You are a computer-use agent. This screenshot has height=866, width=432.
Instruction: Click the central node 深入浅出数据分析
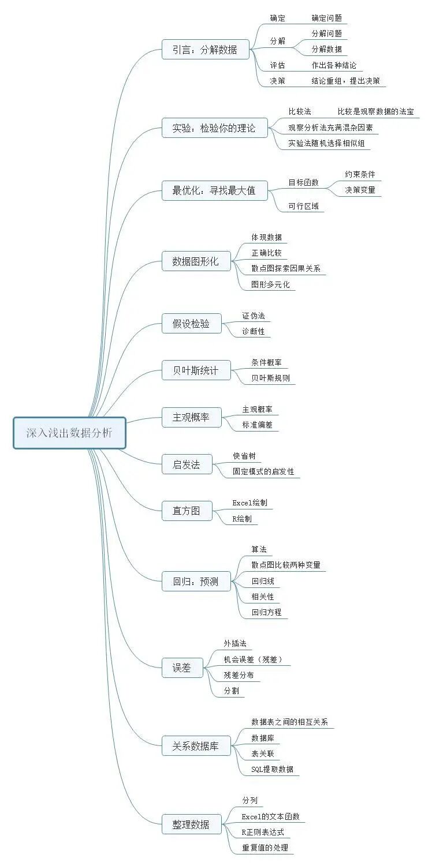tap(69, 433)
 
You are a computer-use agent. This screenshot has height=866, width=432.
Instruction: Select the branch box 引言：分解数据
tap(205, 50)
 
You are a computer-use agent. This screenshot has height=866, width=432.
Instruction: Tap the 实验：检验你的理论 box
tap(214, 128)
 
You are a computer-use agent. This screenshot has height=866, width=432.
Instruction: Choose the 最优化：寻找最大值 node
tap(214, 190)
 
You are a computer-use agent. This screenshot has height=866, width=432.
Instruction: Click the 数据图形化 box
tap(196, 261)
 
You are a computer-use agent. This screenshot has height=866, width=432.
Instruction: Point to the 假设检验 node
tap(191, 324)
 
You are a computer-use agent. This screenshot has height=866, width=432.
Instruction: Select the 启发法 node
tap(186, 464)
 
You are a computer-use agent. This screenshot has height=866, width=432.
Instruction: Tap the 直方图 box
tap(186, 511)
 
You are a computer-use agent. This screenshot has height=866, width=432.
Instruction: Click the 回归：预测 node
tap(196, 582)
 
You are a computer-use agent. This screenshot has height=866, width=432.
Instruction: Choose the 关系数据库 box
tap(196, 746)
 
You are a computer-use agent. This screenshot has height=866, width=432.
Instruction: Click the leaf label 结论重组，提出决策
tap(345, 81)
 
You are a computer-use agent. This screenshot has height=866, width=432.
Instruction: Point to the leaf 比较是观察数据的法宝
tap(375, 111)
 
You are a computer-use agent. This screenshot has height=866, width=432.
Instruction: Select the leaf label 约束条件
tap(360, 174)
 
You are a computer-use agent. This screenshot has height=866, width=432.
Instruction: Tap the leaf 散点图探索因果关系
tap(286, 268)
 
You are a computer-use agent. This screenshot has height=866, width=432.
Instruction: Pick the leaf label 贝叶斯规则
tap(270, 378)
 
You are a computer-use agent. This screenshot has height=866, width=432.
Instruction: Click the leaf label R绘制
tap(241, 519)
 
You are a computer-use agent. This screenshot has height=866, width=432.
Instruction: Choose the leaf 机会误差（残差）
tap(254, 659)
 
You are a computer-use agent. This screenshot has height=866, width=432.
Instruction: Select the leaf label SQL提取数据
tap(272, 768)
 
